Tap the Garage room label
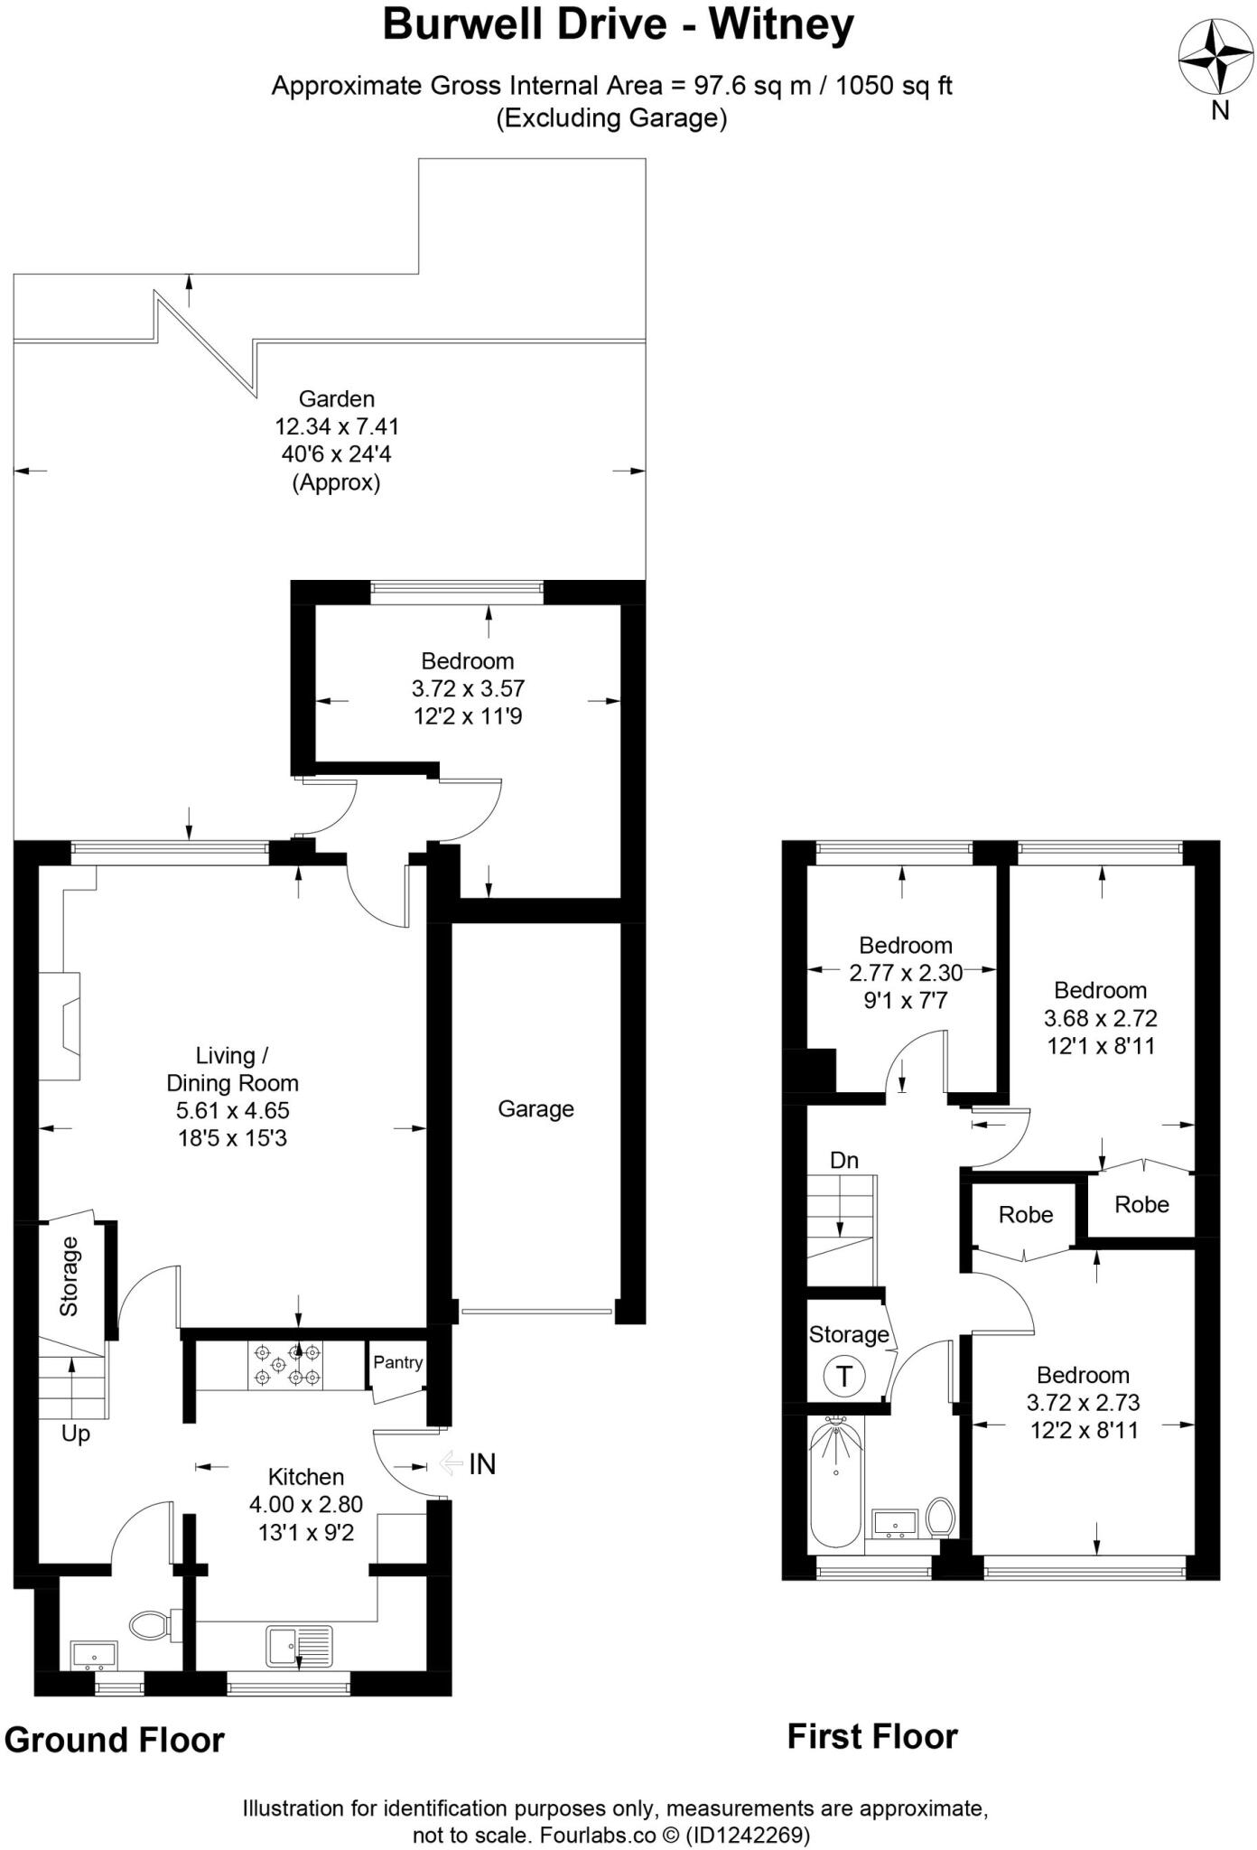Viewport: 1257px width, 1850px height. point(535,1108)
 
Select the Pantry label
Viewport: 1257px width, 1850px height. point(397,1362)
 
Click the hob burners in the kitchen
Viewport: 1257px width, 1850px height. point(287,1365)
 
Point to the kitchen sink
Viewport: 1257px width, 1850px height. point(299,1646)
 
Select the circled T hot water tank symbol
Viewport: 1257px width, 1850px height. point(843,1377)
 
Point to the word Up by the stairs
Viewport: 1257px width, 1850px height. point(76,1434)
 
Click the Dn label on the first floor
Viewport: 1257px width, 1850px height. point(843,1160)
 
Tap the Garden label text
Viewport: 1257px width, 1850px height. point(336,398)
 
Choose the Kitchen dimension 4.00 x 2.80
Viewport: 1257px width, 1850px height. point(306,1504)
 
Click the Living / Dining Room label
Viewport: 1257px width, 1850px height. point(232,1069)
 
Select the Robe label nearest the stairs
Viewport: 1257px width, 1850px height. point(1025,1215)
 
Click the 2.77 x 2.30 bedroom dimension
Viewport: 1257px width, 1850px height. point(905,973)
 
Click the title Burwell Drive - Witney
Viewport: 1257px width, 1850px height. point(618,24)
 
